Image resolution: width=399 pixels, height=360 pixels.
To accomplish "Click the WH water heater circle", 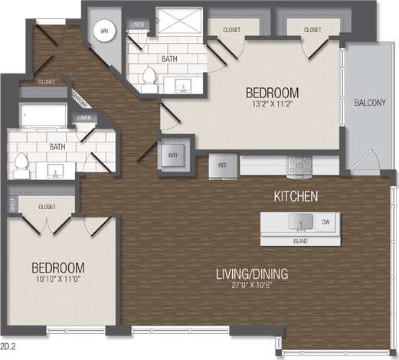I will tap(106, 32).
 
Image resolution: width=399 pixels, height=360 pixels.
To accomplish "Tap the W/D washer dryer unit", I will tap(171, 154).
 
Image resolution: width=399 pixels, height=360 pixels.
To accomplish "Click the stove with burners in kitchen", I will tap(299, 165).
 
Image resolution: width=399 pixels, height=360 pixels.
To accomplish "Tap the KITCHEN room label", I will tap(296, 196).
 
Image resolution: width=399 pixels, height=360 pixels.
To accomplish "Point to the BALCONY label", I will tap(370, 103).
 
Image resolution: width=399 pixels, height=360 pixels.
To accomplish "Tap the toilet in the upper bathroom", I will tap(149, 76).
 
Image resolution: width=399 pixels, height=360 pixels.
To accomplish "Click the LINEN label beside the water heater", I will tap(137, 24).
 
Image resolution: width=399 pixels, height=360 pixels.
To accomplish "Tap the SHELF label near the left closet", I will tap(12, 204).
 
